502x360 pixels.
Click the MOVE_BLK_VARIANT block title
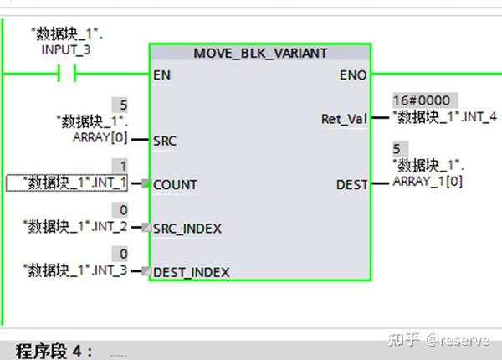pyautogui.click(x=260, y=53)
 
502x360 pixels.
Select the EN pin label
pyautogui.click(x=162, y=75)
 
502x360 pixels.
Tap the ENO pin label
pyautogui.click(x=353, y=75)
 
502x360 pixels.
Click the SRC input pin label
pyautogui.click(x=164, y=141)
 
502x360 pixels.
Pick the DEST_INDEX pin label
pyautogui.click(x=192, y=272)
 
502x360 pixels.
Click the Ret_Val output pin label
pyautogui.click(x=344, y=119)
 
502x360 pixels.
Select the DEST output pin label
pyautogui.click(x=351, y=184)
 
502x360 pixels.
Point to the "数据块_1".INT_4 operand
pyautogui.click(x=443, y=116)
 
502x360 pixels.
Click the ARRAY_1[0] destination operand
pyautogui.click(x=428, y=179)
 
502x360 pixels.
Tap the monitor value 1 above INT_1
pyautogui.click(x=124, y=166)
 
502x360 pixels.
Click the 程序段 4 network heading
pyautogui.click(x=55, y=350)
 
